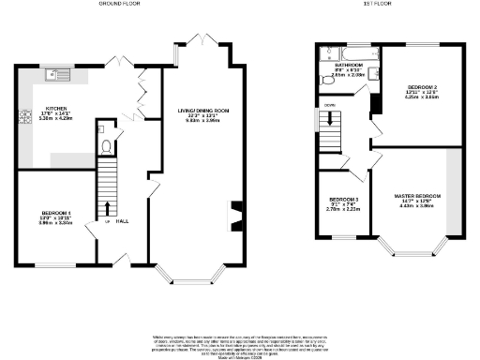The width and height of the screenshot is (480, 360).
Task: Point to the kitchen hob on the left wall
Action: (20, 120)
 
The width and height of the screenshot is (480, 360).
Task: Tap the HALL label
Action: (122, 233)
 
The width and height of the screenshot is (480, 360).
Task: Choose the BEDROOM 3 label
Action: (340, 200)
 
